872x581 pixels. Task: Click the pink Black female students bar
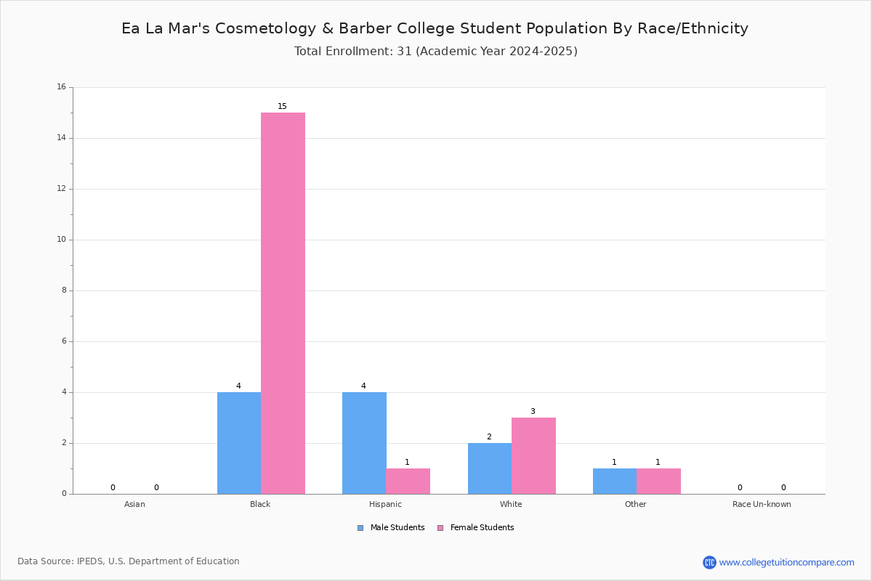pos(283,303)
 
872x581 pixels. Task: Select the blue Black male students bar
pos(239,443)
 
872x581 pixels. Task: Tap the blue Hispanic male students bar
pos(364,443)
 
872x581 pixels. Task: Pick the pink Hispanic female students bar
pos(408,482)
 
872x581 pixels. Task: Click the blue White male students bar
pos(490,468)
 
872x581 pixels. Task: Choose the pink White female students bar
pos(533,456)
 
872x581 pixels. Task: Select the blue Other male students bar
pos(615,482)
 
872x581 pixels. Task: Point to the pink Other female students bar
pos(658,482)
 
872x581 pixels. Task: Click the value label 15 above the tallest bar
pos(282,106)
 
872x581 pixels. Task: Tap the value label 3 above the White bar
pos(533,411)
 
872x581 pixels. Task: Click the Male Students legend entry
pos(391,528)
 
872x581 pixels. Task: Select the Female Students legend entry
pos(476,528)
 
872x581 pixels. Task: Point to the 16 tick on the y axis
pos(62,86)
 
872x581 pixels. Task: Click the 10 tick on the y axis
pos(62,240)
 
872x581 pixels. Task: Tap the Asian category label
pos(134,504)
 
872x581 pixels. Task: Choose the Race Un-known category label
pos(762,504)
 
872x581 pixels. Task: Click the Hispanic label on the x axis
pos(385,504)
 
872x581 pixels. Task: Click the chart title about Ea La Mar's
pos(435,28)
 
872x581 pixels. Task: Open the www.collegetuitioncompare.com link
pos(786,562)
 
